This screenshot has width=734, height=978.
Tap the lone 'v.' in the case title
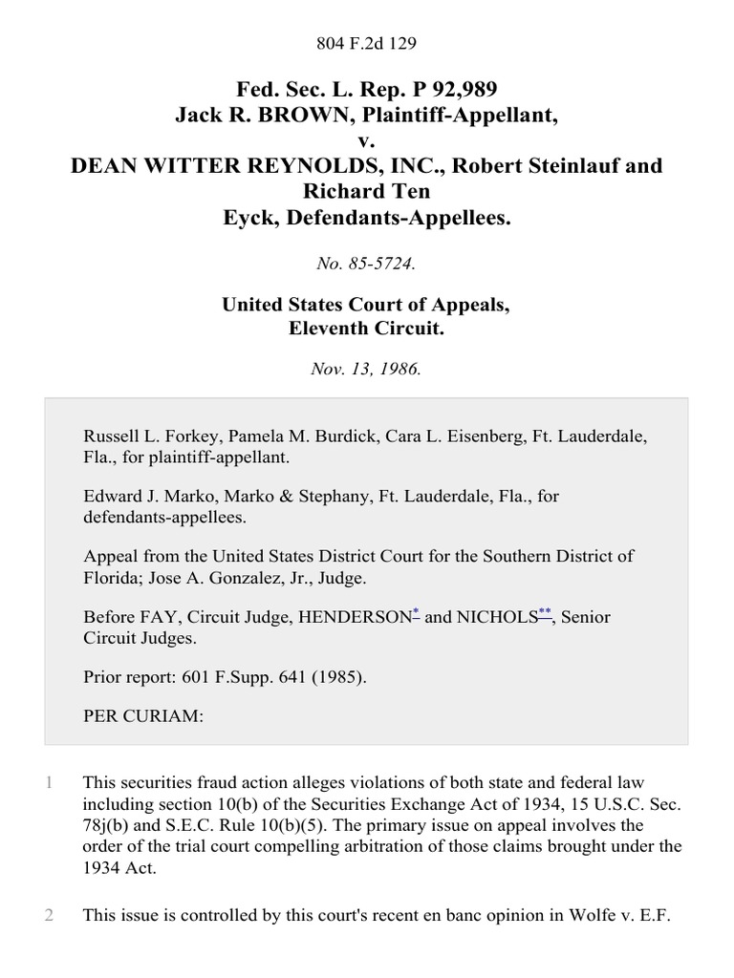point(367,139)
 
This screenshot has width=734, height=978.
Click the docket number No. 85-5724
point(367,265)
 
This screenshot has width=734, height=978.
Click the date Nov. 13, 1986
point(367,369)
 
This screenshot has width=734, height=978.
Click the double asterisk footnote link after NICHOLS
point(546,614)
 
